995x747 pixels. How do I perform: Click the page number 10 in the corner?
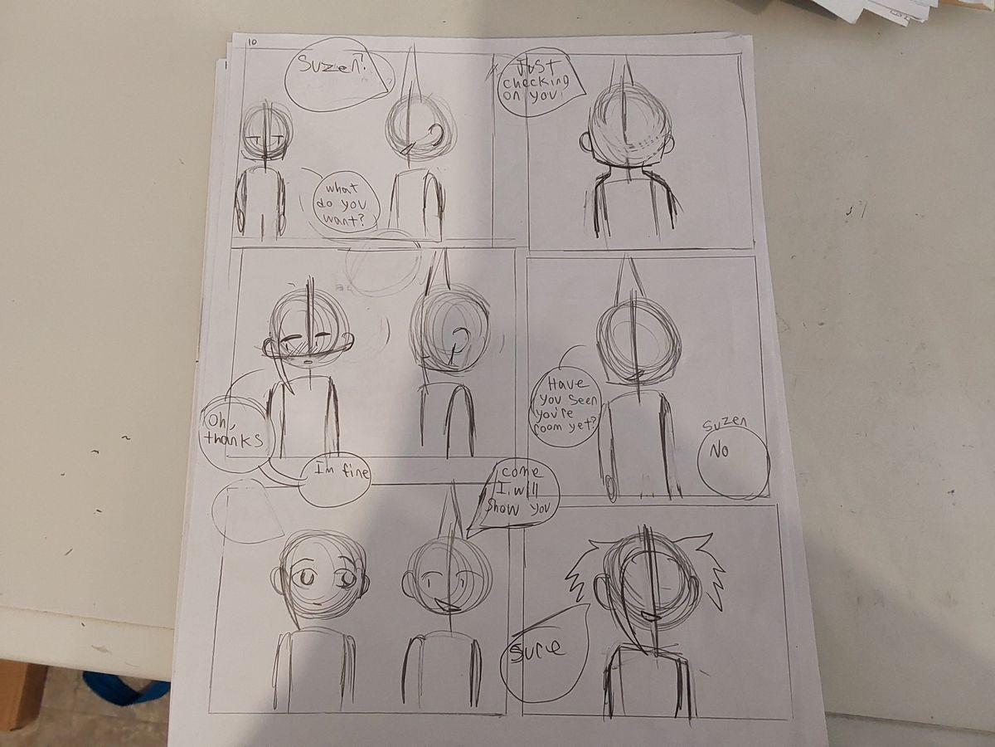tap(253, 42)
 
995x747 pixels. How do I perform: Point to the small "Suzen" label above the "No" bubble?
tap(724, 424)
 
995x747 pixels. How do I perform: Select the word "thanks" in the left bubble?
tap(234, 439)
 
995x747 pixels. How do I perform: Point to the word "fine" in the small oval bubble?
tap(352, 472)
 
